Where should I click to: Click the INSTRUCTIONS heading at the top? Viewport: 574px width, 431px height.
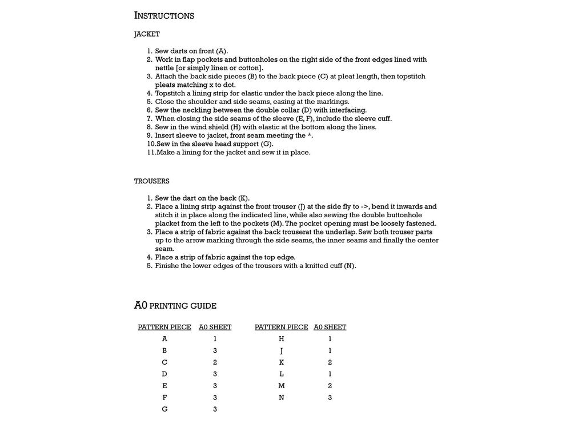164,15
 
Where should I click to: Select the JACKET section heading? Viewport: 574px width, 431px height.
147,34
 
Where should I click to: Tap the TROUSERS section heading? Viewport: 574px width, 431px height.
151,181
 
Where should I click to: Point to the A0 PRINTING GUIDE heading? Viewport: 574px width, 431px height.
175,306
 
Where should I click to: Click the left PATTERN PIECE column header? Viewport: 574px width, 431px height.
164,328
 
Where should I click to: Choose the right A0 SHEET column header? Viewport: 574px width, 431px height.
330,328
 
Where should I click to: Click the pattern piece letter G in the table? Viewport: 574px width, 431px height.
164,409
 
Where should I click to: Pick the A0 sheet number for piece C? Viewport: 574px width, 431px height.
215,362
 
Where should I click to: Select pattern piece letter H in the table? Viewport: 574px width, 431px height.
281,339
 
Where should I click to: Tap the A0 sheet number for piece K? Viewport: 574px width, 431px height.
330,362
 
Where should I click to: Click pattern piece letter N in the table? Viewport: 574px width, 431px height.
281,397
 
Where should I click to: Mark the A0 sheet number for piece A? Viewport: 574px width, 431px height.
215,339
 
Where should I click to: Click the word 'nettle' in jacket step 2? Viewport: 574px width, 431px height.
165,68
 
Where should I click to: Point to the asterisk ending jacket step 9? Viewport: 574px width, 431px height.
310,136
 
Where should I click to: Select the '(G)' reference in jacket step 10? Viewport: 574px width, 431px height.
267,144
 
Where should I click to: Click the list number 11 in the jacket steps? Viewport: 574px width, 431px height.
151,153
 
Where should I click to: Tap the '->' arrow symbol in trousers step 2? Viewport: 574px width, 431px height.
365,207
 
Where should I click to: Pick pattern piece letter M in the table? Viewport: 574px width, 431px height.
281,386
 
